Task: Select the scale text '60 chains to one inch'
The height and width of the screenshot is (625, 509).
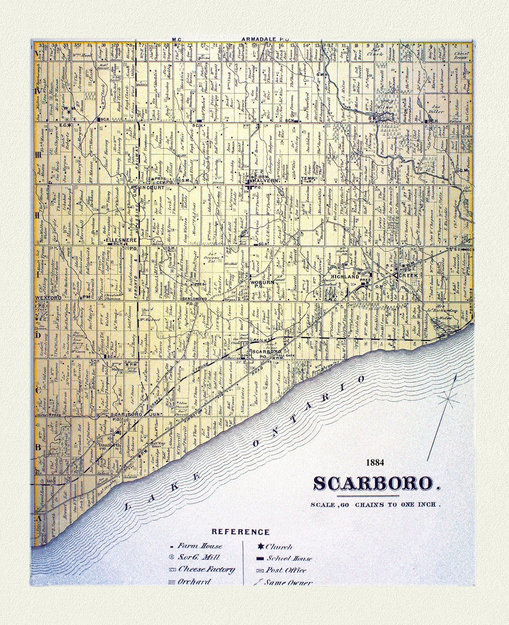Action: click(375, 504)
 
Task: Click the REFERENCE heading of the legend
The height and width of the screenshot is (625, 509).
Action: click(241, 532)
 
